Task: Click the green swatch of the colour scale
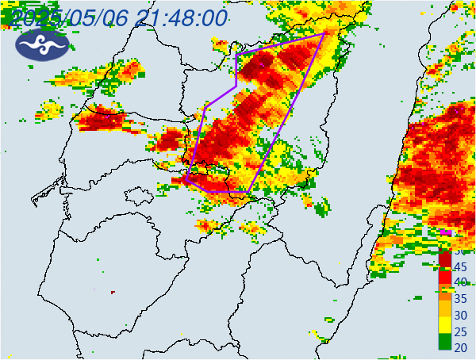(x=445, y=342)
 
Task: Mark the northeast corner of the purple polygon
(x=324, y=34)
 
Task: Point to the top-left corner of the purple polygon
(x=237, y=54)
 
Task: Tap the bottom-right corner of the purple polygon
(x=248, y=192)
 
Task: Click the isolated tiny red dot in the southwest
(x=113, y=292)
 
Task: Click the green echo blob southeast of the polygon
(x=321, y=209)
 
